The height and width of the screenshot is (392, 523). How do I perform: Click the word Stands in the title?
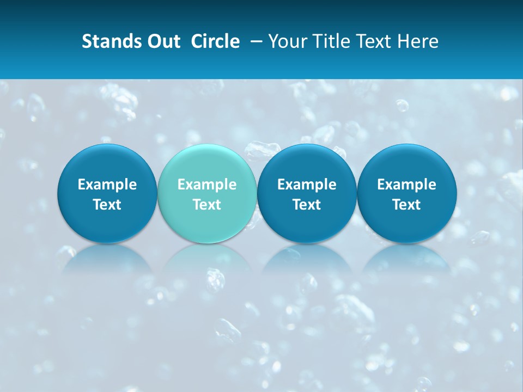tap(109, 41)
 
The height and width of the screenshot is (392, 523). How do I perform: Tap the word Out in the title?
tap(162, 41)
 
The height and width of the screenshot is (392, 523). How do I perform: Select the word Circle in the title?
tap(215, 41)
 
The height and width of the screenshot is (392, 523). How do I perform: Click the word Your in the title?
tap(286, 41)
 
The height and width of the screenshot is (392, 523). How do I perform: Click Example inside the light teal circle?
tap(207, 185)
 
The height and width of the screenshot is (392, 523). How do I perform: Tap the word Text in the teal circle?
tap(207, 205)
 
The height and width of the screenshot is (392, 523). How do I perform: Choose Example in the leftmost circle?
tap(107, 185)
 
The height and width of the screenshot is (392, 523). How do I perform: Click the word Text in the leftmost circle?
tap(107, 205)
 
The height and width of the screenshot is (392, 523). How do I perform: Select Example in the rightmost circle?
tap(407, 185)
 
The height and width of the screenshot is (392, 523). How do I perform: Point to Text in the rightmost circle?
tap(407, 205)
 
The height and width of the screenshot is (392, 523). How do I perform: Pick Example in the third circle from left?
tap(307, 185)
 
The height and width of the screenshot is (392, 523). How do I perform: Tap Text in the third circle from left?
tap(307, 205)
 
